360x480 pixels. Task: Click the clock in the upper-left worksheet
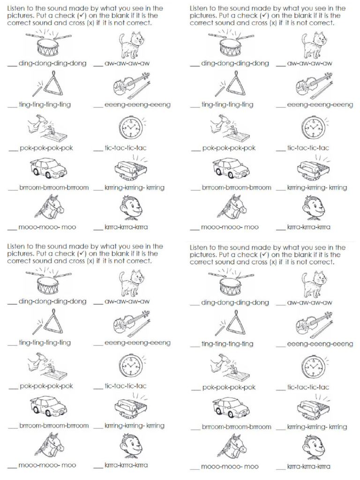pos(131,127)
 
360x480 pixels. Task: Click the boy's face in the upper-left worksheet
pos(131,208)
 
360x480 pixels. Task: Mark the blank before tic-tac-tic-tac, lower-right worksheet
pos(280,390)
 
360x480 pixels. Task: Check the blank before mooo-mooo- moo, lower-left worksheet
pos(12,467)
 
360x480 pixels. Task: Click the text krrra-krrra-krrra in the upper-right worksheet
pos(308,227)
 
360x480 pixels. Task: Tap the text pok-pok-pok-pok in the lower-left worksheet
pos(46,386)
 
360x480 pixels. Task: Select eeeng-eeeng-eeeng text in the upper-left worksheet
pos(137,105)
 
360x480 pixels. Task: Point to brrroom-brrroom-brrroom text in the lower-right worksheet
pos(236,427)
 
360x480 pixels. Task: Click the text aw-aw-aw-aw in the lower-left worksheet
pos(127,301)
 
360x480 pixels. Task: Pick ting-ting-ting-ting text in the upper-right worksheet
pos(227,105)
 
